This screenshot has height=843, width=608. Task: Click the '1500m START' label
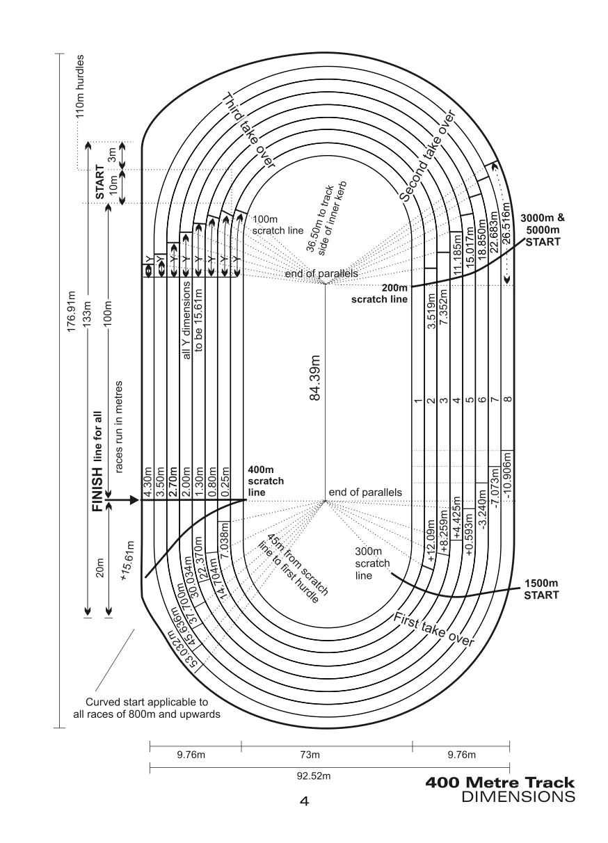coord(541,589)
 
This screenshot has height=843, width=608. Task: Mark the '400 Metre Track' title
coord(500,783)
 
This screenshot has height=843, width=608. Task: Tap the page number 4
coord(304,801)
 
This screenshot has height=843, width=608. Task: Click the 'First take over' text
coord(433,630)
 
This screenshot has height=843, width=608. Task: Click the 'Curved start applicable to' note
coord(147,702)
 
